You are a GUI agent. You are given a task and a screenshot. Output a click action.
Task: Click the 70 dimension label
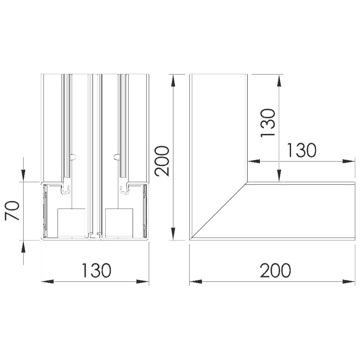pyautogui.click(x=12, y=211)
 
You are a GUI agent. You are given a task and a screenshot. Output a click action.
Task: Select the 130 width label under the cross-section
pyautogui.click(x=97, y=270)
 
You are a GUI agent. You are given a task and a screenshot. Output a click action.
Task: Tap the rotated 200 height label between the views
pyautogui.click(x=162, y=161)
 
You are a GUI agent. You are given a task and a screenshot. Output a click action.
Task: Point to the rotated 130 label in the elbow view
pyautogui.click(x=268, y=123)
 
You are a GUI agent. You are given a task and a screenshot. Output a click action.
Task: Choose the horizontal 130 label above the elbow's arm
pyautogui.click(x=302, y=150)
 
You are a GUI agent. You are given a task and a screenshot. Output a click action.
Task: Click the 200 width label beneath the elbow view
pyautogui.click(x=275, y=270)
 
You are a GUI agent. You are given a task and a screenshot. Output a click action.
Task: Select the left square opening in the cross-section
pyautogui.click(x=71, y=223)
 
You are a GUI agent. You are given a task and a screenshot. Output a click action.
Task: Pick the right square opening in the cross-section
pyautogui.click(x=119, y=223)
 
